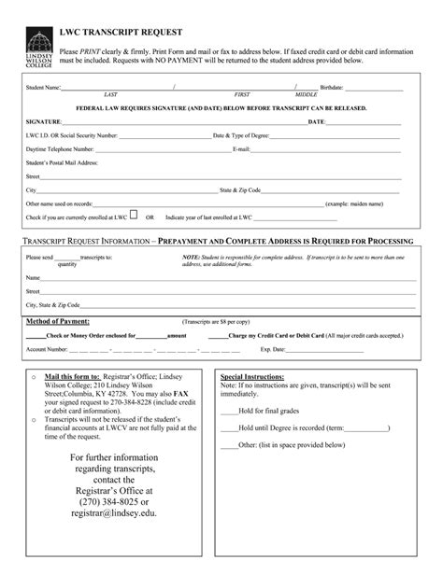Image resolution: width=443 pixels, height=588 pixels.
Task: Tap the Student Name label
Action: point(43,87)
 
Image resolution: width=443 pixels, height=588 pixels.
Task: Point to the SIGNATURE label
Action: point(44,121)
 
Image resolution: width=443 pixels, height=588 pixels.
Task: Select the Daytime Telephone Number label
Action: point(61,148)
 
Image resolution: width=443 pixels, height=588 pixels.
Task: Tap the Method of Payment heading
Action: point(57,320)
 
